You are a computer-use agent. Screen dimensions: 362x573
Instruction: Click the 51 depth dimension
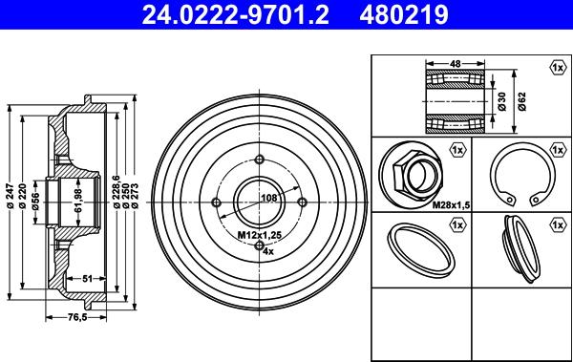point(87,279)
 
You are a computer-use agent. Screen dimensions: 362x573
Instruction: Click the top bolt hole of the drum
point(260,159)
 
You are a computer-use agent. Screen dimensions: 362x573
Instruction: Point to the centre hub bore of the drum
point(259,202)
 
